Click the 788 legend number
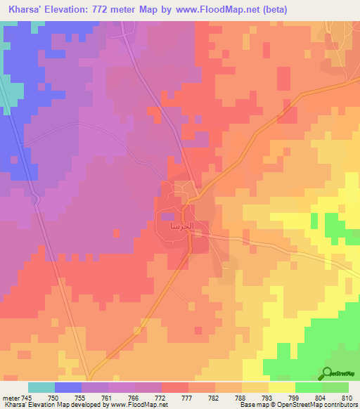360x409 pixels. tap(241, 397)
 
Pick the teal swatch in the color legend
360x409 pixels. tap(41, 387)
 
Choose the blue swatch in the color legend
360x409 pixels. tap(68, 387)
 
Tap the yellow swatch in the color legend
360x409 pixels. tap(281, 387)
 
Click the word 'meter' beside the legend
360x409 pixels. tap(11, 397)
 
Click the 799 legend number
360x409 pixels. tap(295, 397)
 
